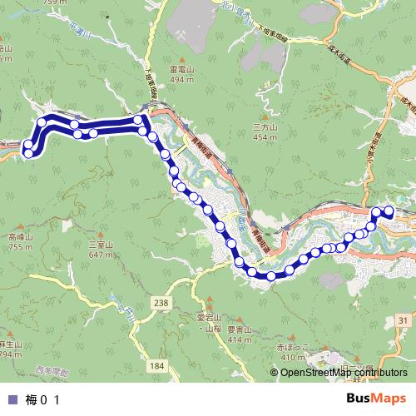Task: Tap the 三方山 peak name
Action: click(x=264, y=126)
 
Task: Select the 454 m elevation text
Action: click(x=264, y=136)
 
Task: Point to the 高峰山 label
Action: click(x=19, y=236)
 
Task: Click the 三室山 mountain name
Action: click(x=101, y=244)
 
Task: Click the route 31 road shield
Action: click(x=404, y=319)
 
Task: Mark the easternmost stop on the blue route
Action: click(x=389, y=211)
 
